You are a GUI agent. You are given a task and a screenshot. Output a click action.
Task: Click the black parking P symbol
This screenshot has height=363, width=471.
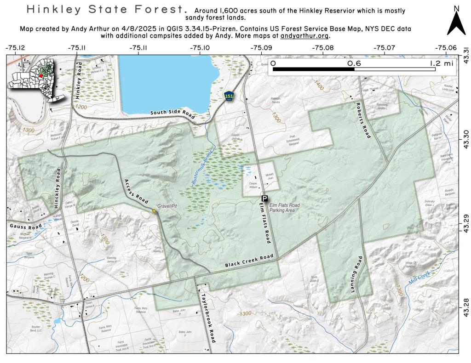[264, 199]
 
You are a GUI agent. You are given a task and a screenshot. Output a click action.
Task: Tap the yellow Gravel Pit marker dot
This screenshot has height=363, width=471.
[154, 211]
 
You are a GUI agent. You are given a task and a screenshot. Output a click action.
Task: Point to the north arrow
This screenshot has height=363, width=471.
[456, 23]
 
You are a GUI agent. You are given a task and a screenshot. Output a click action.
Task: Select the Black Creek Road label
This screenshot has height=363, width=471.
[249, 261]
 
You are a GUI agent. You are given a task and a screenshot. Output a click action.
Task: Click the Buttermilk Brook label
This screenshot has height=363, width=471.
[200, 169]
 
